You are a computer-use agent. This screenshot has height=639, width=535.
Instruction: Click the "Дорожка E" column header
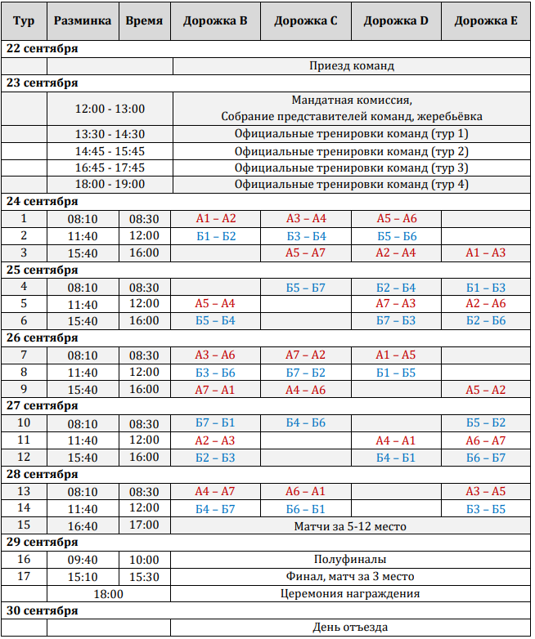click(486, 20)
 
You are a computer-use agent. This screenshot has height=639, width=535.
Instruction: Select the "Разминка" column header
click(83, 20)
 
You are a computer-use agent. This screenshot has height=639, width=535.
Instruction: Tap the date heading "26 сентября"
click(42, 338)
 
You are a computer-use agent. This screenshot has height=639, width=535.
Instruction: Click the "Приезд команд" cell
click(353, 65)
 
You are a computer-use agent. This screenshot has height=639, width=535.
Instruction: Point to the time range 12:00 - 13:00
click(110, 109)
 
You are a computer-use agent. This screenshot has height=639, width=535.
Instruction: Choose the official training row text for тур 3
click(352, 168)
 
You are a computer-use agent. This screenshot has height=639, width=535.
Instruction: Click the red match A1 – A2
click(216, 219)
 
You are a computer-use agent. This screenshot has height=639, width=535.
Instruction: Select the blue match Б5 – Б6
click(397, 236)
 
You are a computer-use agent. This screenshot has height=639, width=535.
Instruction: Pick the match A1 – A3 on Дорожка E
click(486, 253)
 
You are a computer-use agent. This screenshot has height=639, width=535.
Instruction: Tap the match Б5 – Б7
click(306, 288)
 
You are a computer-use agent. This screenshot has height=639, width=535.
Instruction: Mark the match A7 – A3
click(397, 304)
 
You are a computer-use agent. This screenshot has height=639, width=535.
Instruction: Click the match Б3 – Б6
click(216, 373)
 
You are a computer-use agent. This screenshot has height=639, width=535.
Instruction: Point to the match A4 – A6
click(306, 390)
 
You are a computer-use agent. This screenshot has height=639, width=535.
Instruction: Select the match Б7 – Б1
click(216, 423)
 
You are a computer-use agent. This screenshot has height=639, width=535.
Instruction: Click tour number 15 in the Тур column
click(24, 525)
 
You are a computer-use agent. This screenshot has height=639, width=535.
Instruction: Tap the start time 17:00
click(145, 525)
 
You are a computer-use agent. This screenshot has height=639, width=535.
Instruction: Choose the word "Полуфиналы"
click(352, 560)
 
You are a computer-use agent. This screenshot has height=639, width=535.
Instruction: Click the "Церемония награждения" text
click(352, 594)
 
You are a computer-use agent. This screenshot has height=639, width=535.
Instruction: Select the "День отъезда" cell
click(352, 628)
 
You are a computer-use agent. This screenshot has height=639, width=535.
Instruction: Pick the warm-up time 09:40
click(83, 560)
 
